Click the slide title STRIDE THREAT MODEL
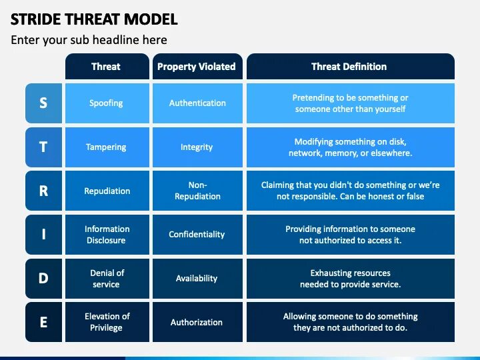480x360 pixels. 94,19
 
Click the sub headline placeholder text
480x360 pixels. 89,40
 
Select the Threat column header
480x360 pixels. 106,67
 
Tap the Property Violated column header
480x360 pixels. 196,67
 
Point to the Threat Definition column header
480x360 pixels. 349,67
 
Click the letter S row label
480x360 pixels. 43,103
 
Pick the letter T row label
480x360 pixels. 43,147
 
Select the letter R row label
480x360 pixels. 43,191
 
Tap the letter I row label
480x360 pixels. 43,235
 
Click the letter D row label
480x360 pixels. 43,278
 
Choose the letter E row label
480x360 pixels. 43,322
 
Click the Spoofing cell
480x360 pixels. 107,103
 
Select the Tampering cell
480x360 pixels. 107,147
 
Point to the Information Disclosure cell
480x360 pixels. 107,235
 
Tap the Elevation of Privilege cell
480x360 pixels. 107,322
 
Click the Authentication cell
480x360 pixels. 197,103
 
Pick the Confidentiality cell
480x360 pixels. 197,235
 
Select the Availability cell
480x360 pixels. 197,278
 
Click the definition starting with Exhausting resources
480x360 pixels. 351,279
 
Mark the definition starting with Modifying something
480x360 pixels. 351,147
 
